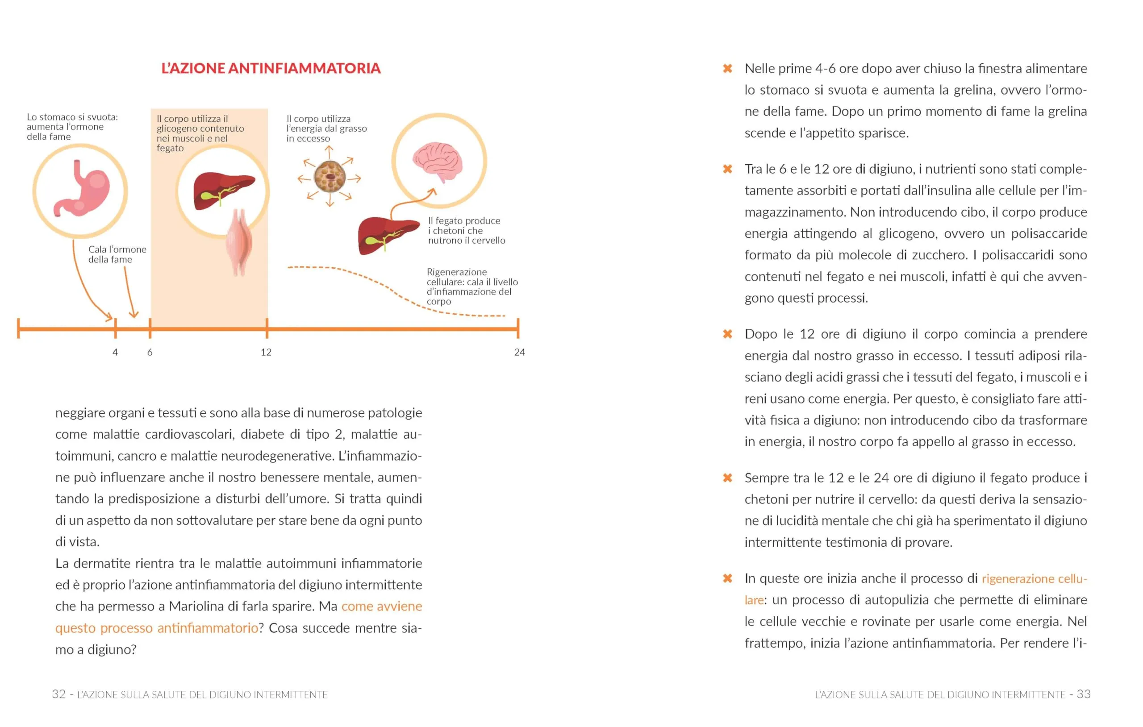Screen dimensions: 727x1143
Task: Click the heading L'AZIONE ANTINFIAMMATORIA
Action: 271,68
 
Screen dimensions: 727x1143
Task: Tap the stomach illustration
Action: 82,189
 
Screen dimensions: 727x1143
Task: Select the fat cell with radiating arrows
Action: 330,177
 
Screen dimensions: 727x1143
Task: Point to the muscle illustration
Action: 240,242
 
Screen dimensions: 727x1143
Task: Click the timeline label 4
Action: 115,352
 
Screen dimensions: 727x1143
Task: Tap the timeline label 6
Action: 150,352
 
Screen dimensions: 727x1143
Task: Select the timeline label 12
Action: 266,352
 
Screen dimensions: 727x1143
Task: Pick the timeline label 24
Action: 519,352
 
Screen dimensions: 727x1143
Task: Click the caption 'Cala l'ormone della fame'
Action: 117,254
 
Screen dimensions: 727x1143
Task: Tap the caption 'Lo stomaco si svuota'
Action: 72,127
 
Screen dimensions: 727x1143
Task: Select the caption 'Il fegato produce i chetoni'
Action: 466,231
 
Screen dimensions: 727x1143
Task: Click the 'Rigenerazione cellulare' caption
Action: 471,286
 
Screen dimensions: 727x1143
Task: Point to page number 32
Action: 59,694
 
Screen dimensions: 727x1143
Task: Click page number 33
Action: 1083,694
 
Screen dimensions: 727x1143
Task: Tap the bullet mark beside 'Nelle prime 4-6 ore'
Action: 727,69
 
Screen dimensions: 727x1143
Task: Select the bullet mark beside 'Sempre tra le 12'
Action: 727,478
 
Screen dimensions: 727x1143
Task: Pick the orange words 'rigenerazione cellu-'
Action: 1034,579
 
